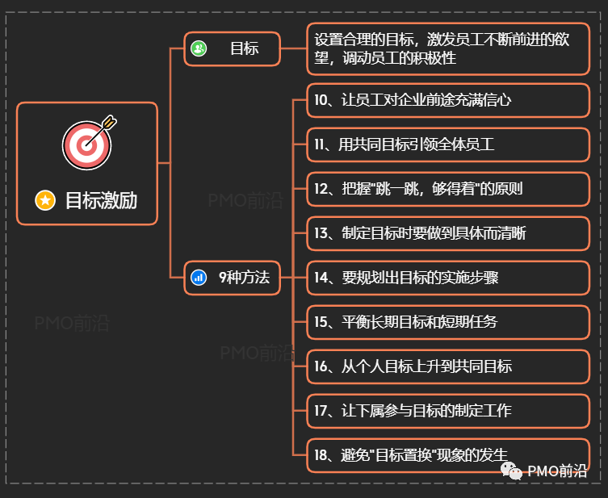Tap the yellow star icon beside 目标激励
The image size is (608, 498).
click(x=45, y=199)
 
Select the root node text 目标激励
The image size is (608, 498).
click(x=101, y=200)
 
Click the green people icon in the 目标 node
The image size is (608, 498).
click(x=199, y=49)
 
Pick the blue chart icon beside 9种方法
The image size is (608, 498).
click(x=199, y=278)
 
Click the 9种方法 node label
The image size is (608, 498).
click(x=244, y=278)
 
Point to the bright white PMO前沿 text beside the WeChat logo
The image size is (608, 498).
click(x=557, y=471)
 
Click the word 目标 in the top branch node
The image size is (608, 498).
click(x=244, y=49)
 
